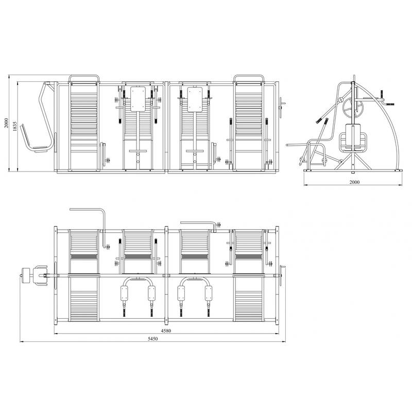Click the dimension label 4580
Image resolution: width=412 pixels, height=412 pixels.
[x=166, y=331]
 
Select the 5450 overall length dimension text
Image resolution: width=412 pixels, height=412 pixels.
[x=152, y=339]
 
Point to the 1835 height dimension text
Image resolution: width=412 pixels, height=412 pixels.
[x=15, y=126]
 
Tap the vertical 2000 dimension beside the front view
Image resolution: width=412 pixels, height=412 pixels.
[x=6, y=123]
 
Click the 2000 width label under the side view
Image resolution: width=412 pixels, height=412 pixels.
[x=354, y=182]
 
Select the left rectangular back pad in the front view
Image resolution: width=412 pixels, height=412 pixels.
[x=138, y=99]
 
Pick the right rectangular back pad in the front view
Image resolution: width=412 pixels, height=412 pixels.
[x=195, y=99]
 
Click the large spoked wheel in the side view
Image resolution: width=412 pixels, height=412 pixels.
[x=353, y=108]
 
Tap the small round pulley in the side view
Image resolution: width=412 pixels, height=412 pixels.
[x=340, y=100]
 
